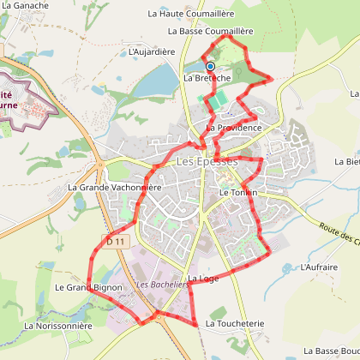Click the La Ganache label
click(27, 5)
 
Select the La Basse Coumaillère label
click(210, 31)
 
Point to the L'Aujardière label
click(152, 51)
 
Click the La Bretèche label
click(207, 77)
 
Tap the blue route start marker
click(210, 65)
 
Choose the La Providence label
click(233, 128)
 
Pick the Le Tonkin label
click(236, 193)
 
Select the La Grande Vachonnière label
click(114, 187)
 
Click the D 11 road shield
click(117, 243)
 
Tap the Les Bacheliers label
click(163, 285)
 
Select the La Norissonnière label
click(58, 326)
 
